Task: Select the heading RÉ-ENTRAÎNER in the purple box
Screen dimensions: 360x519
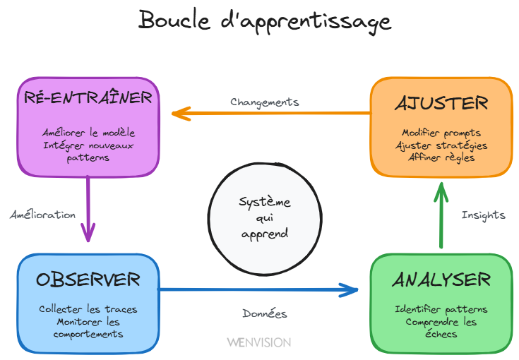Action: click(x=88, y=97)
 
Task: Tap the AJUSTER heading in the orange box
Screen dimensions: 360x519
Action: click(x=441, y=103)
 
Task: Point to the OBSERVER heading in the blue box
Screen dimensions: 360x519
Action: click(x=88, y=280)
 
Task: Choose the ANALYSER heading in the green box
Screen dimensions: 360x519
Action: click(x=441, y=280)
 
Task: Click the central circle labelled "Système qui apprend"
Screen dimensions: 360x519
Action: click(x=264, y=218)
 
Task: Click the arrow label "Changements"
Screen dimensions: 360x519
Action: click(x=264, y=102)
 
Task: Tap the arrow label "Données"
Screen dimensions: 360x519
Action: click(x=264, y=313)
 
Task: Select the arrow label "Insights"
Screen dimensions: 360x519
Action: click(x=483, y=215)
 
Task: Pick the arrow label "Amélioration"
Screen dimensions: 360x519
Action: click(x=42, y=215)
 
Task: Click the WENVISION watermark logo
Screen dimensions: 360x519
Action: click(x=258, y=342)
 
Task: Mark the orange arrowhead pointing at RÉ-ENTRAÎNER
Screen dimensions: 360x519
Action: click(x=179, y=112)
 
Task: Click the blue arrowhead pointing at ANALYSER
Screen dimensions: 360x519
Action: click(x=351, y=289)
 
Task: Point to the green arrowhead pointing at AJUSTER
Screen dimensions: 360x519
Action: click(x=441, y=189)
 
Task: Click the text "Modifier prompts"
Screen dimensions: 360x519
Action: click(x=441, y=133)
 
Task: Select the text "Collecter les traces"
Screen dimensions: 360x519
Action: click(x=88, y=309)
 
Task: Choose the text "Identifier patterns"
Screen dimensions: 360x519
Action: click(x=441, y=309)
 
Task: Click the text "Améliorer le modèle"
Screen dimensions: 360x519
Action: click(x=88, y=132)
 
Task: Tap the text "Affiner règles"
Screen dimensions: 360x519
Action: click(x=441, y=157)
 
